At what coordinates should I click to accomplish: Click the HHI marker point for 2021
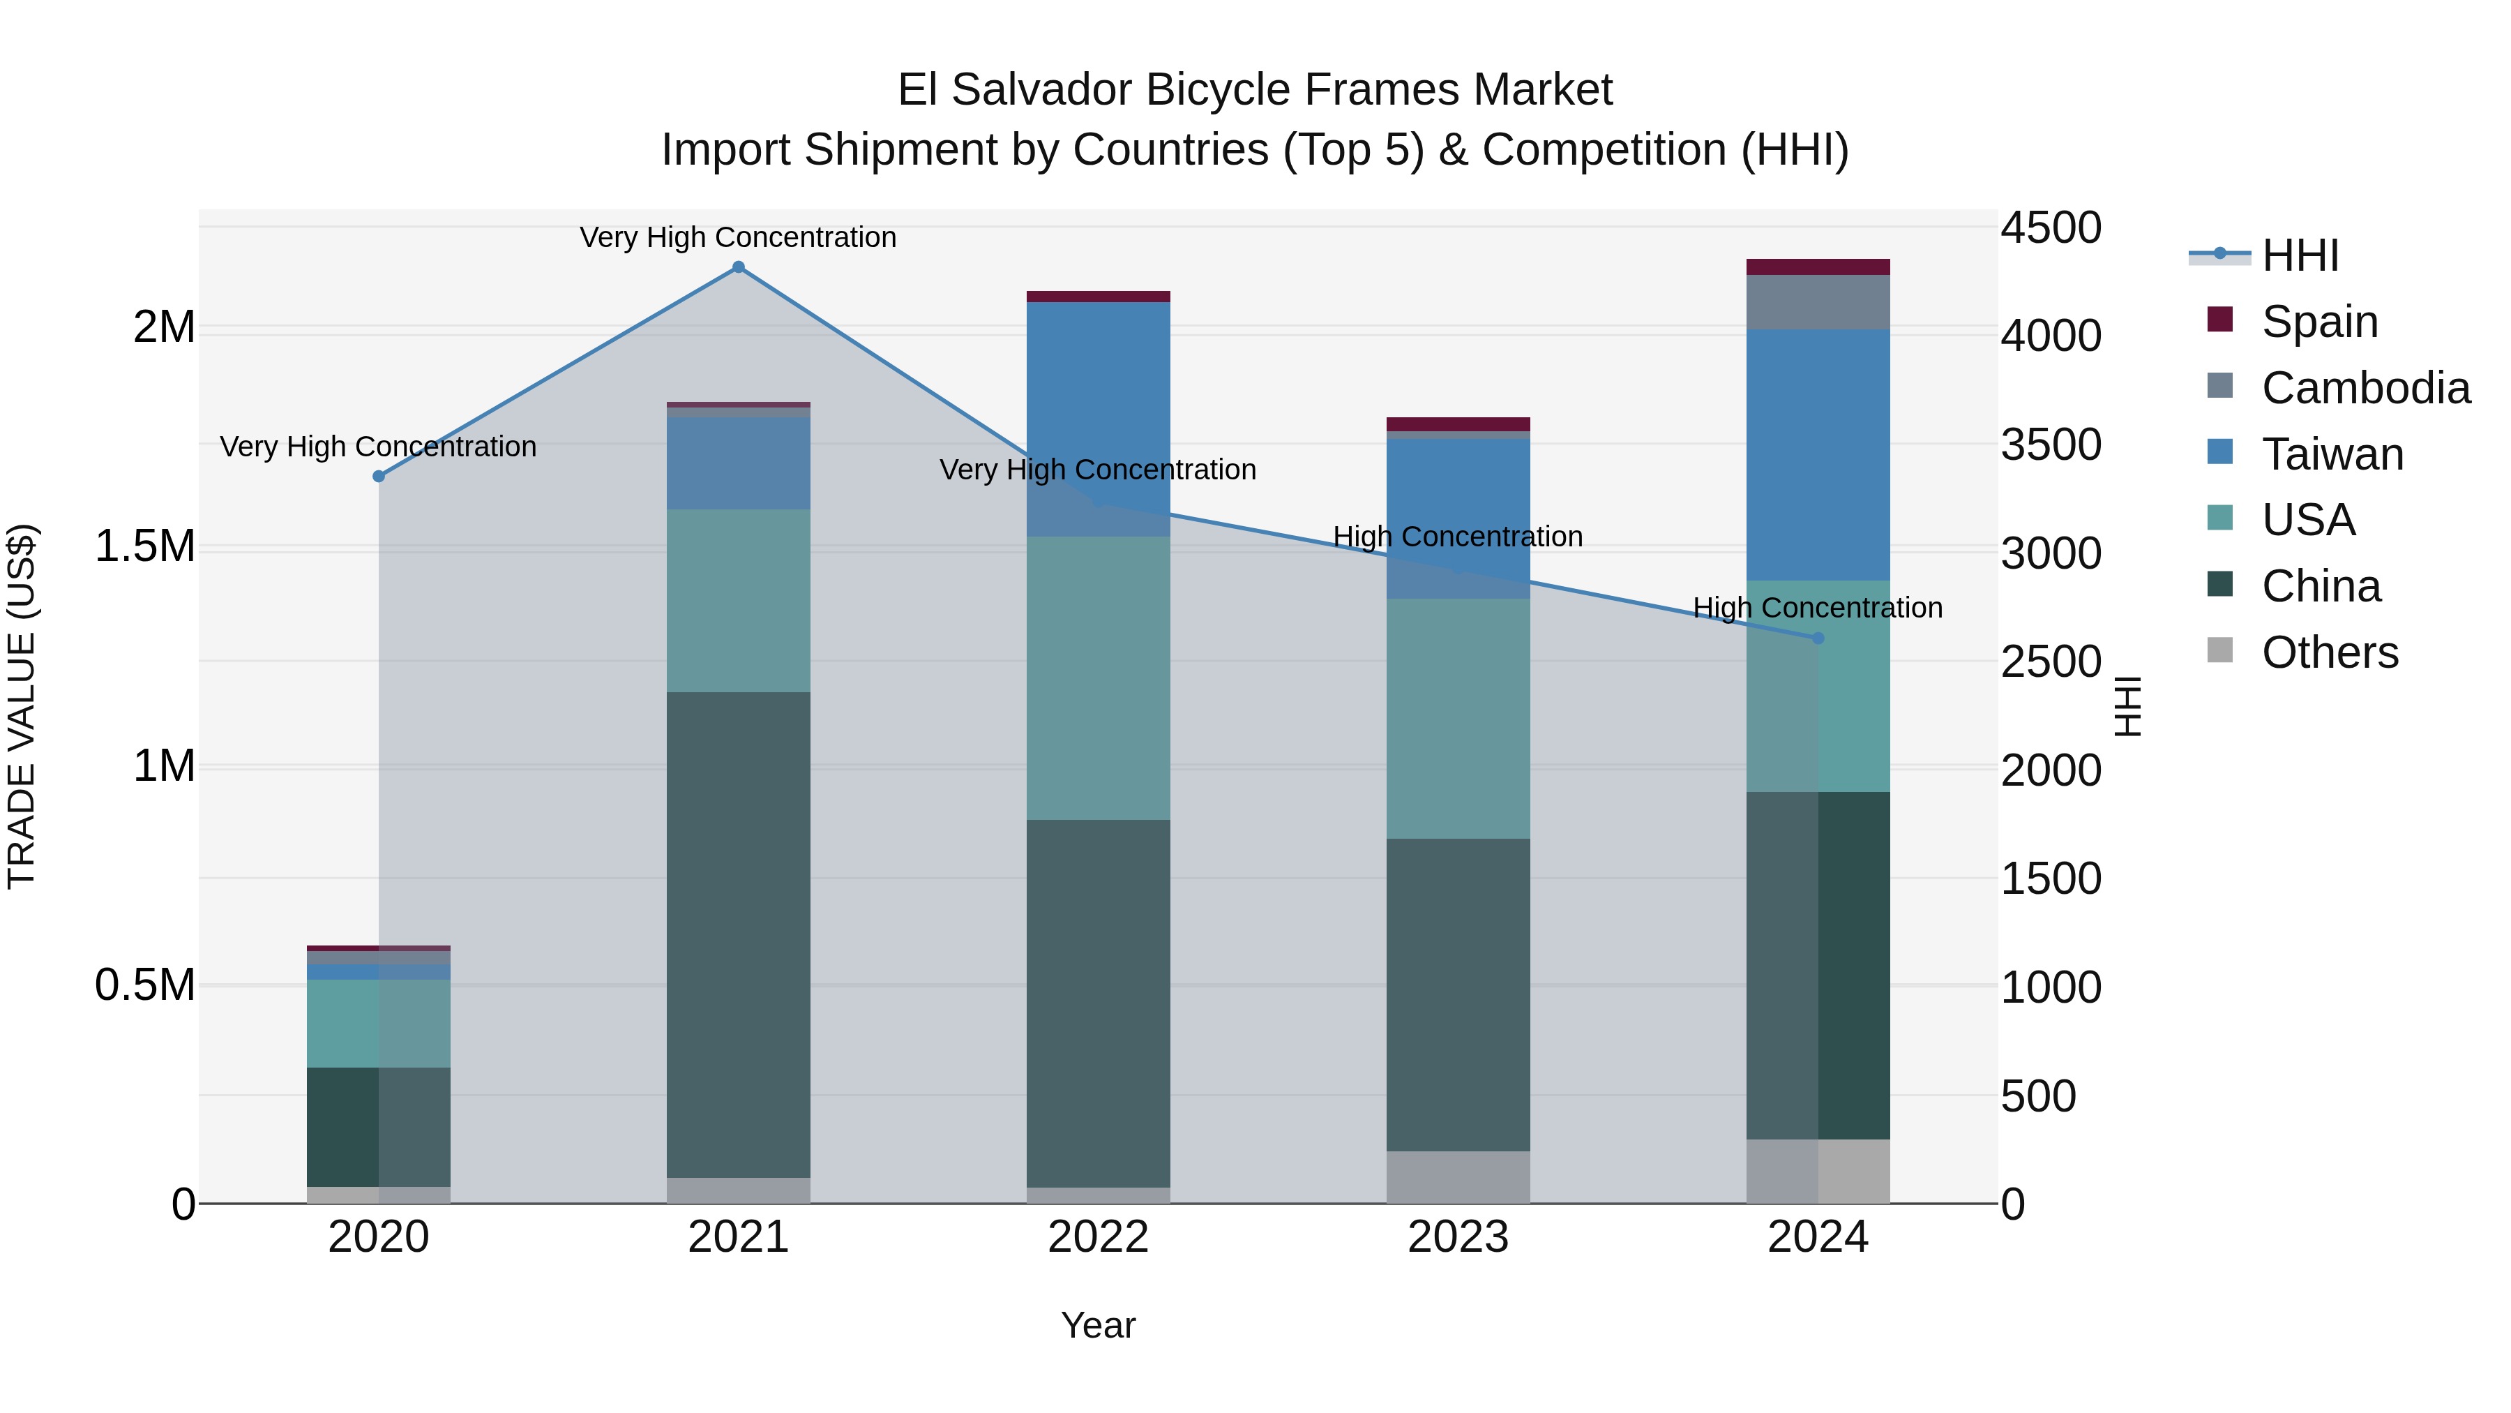[738, 267]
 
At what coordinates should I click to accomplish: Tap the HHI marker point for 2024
[1818, 638]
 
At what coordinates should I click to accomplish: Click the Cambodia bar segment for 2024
[1818, 302]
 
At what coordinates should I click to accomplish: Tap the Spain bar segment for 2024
[1818, 267]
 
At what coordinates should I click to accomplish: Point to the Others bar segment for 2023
[1458, 1177]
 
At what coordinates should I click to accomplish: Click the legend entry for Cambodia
[2366, 388]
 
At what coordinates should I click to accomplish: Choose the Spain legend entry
[2320, 322]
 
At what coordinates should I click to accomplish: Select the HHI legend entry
[2300, 255]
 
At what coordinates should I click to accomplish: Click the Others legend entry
[2330, 652]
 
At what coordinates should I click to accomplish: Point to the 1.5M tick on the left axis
[145, 546]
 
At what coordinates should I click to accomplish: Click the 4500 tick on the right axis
[2051, 228]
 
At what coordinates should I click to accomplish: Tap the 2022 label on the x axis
[1099, 1237]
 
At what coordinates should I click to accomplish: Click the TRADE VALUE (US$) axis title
[22, 706]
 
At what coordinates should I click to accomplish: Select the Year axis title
[1099, 1325]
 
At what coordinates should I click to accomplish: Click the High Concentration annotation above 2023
[1458, 537]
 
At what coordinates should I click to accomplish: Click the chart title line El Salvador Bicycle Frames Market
[1255, 90]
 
